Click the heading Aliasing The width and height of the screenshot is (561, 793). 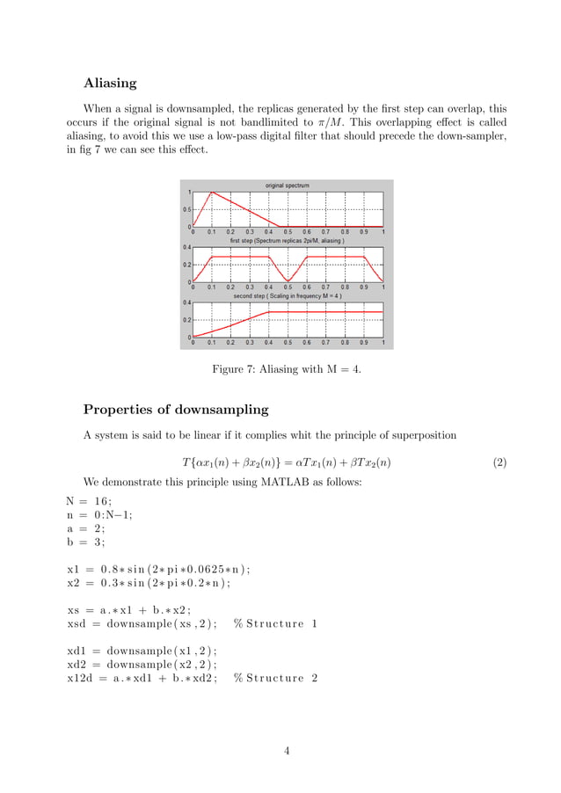click(x=110, y=84)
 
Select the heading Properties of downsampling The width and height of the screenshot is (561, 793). click(x=176, y=410)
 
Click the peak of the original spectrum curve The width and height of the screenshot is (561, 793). click(x=212, y=192)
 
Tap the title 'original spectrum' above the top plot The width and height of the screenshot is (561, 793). click(x=288, y=186)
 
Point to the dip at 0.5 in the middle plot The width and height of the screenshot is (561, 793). click(x=288, y=280)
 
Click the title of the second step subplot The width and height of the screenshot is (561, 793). click(x=288, y=296)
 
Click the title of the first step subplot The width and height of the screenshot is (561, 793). click(x=288, y=240)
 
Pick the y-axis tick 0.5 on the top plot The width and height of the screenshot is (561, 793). click(x=186, y=209)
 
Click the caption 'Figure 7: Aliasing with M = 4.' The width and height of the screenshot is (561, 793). click(x=287, y=369)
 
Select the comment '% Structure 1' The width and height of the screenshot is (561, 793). click(x=275, y=623)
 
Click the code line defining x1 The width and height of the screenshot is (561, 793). click(x=158, y=568)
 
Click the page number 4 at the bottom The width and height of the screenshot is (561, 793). click(x=287, y=751)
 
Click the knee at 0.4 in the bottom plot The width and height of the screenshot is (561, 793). click(x=269, y=312)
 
